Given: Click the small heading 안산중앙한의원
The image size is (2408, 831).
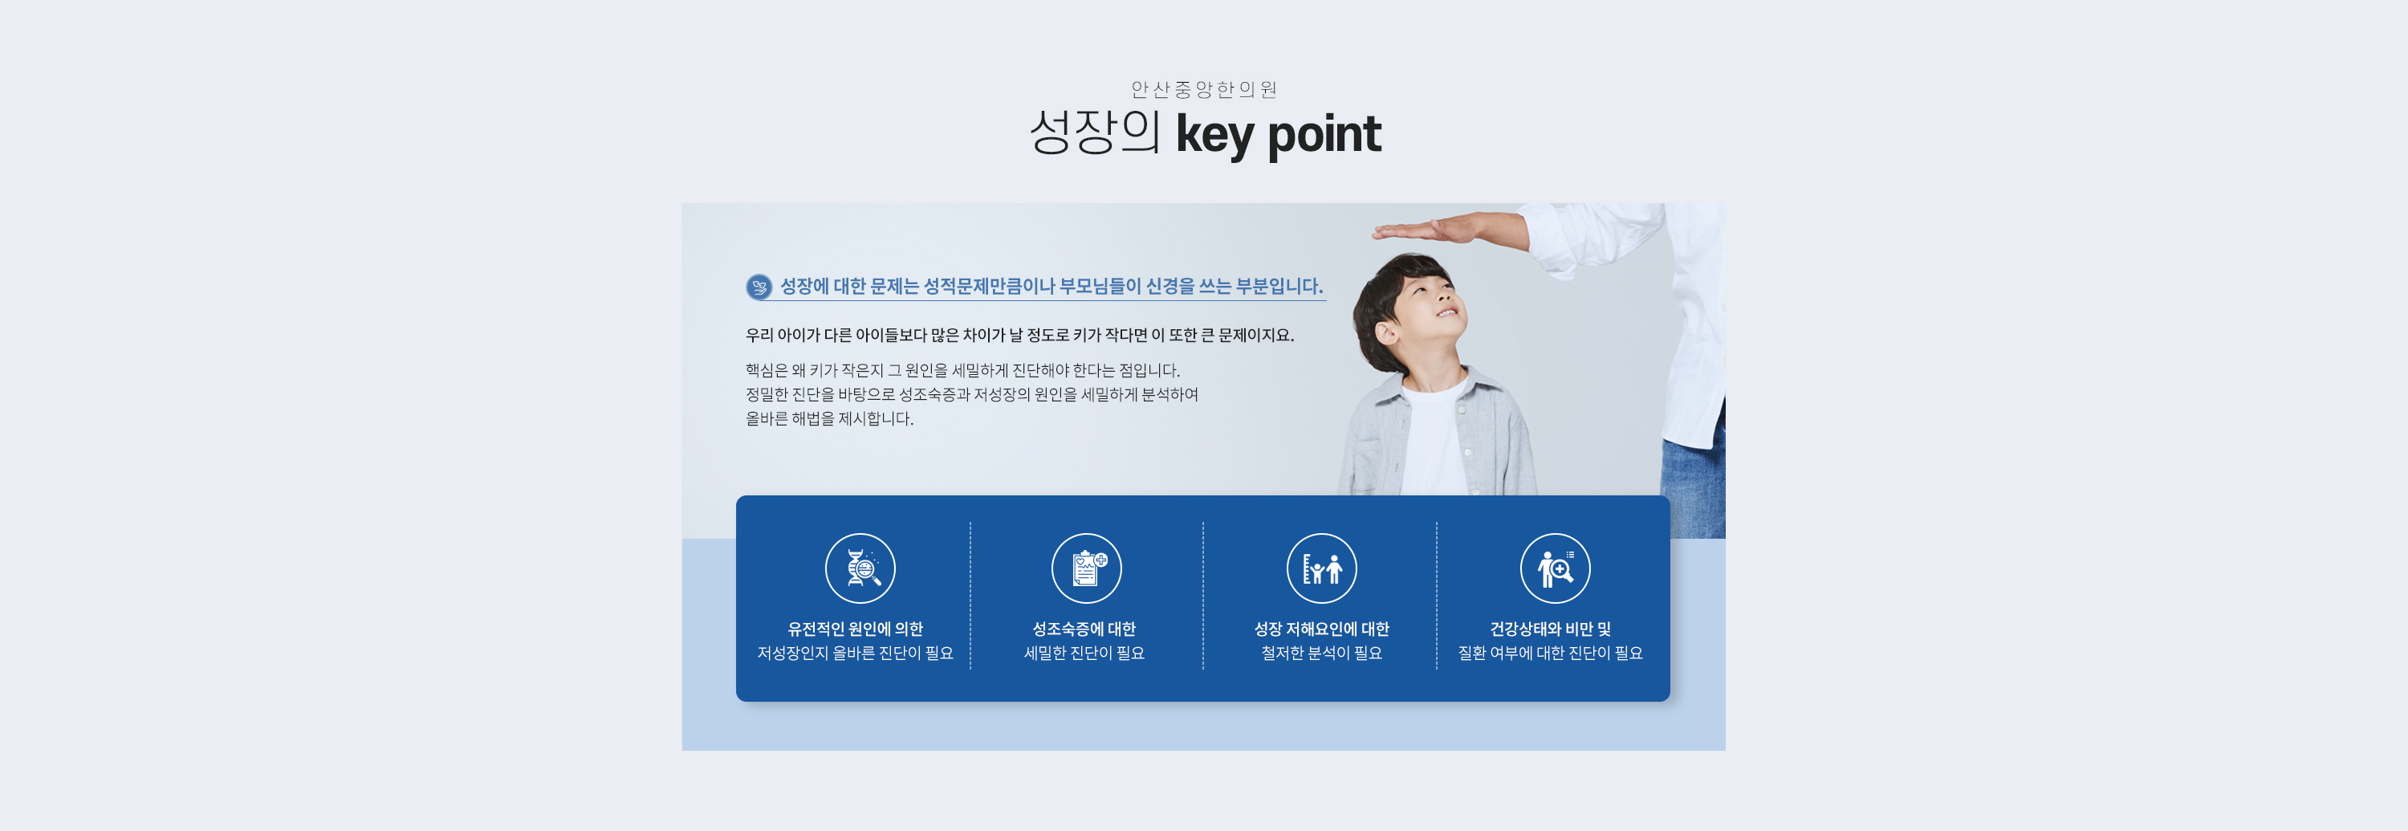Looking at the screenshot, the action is [1203, 90].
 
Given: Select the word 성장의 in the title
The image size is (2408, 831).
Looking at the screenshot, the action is [1095, 132].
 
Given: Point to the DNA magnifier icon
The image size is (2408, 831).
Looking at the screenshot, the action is [860, 568].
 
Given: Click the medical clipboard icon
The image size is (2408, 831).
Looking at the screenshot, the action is [1086, 568].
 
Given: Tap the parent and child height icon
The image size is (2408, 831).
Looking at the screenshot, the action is [1322, 568].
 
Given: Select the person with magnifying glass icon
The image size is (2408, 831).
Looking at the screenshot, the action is [1555, 568].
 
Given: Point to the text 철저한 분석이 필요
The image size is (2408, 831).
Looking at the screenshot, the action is [1322, 654].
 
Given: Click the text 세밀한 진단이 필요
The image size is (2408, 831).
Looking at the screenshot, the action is [1084, 654].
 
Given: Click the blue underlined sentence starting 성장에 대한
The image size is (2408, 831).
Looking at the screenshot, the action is [1051, 286].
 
